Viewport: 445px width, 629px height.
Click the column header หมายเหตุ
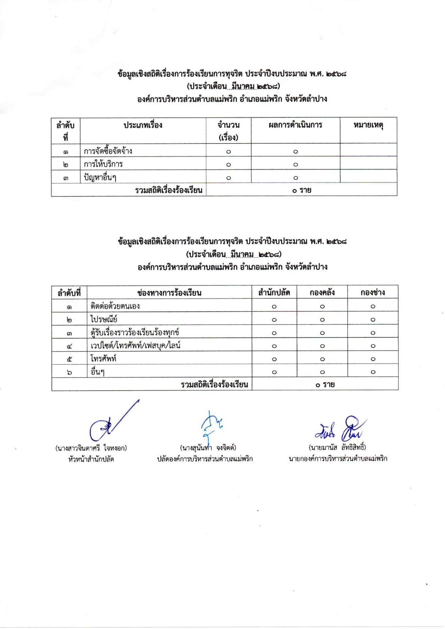pos(368,125)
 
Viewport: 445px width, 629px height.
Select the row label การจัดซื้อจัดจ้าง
pos(108,151)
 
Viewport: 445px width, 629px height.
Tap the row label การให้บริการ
pos(103,164)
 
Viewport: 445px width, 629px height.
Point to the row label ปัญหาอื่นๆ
pos(100,177)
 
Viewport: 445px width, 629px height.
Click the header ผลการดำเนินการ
pos(295,125)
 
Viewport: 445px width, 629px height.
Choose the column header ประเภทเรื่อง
pos(143,125)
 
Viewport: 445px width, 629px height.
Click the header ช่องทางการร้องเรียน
pos(169,292)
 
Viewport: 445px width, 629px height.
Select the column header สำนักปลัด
pos(274,292)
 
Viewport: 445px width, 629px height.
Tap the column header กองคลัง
pos(322,292)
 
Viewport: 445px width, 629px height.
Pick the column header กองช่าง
pos(372,292)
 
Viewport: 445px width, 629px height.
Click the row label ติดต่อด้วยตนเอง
pos(115,306)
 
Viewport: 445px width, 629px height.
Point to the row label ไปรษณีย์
pos(104,319)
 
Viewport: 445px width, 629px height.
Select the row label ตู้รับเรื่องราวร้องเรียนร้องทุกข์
pos(135,332)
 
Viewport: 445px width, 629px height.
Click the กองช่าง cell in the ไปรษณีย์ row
pos(372,320)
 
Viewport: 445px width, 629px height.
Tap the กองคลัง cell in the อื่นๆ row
pos(322,372)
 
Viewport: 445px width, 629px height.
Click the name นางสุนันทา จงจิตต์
pos(208,448)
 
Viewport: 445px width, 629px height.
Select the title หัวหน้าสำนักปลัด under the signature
pos(91,459)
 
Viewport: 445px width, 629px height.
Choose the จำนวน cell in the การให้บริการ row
pos(228,165)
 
